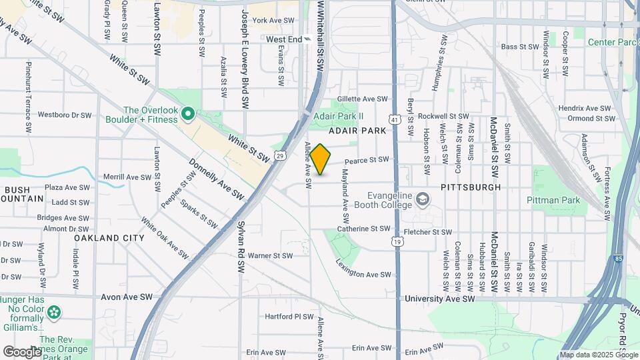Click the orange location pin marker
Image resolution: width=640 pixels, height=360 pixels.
click(x=321, y=159)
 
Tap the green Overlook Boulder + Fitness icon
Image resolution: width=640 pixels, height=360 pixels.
click(x=188, y=115)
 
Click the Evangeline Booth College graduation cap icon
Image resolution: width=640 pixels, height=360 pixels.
click(x=423, y=199)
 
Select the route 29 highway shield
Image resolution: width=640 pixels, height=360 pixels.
click(x=280, y=156)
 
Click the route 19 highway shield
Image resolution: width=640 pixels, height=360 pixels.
click(x=397, y=241)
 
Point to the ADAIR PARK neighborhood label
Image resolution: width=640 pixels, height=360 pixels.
click(x=357, y=131)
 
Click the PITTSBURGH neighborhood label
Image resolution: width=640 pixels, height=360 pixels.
click(x=471, y=187)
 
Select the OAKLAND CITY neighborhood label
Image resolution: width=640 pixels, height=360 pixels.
click(x=109, y=238)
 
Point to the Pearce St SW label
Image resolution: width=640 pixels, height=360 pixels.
click(x=366, y=160)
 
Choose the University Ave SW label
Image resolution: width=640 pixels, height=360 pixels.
click(x=440, y=299)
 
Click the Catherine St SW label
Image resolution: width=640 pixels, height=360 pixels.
click(x=363, y=229)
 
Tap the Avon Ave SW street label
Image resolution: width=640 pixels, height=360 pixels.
click(x=127, y=297)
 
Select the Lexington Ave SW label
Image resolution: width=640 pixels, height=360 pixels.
click(x=364, y=274)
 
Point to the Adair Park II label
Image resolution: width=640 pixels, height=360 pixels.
click(x=339, y=115)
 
